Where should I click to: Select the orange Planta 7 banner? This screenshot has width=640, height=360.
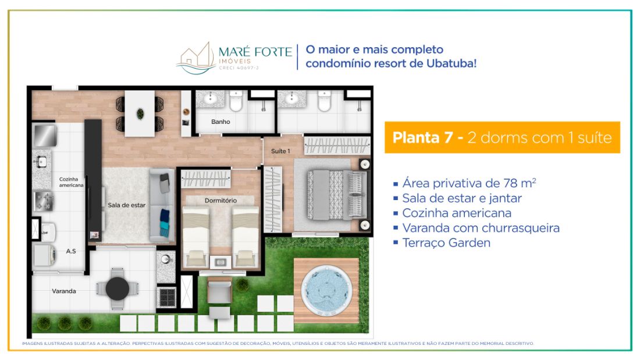(502, 138)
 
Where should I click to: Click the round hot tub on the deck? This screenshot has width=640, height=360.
(326, 291)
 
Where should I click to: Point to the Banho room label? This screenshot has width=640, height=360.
(221, 122)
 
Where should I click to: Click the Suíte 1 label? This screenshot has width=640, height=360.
(280, 151)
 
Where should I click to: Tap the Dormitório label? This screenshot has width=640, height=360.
(221, 201)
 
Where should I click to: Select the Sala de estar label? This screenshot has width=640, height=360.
(126, 205)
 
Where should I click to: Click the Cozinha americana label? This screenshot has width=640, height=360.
(71, 182)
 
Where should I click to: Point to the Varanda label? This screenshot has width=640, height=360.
(63, 291)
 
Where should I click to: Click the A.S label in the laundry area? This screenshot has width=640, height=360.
(71, 251)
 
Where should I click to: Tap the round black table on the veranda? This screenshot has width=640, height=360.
(118, 289)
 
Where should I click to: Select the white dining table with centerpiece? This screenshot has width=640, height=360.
(140, 114)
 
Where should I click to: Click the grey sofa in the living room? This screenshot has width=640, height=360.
(162, 206)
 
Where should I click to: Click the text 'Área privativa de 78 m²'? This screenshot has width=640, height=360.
(464, 183)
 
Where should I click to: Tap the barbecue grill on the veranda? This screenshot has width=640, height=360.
(166, 297)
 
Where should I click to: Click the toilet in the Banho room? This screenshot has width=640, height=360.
(236, 101)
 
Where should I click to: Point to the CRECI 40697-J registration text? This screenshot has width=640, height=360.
(239, 68)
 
